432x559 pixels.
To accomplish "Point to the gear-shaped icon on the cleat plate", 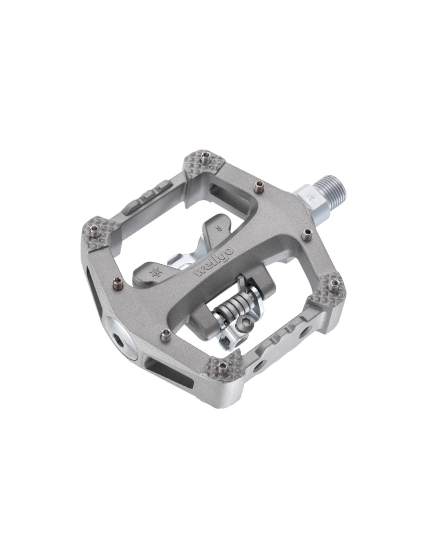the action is click(x=155, y=272).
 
